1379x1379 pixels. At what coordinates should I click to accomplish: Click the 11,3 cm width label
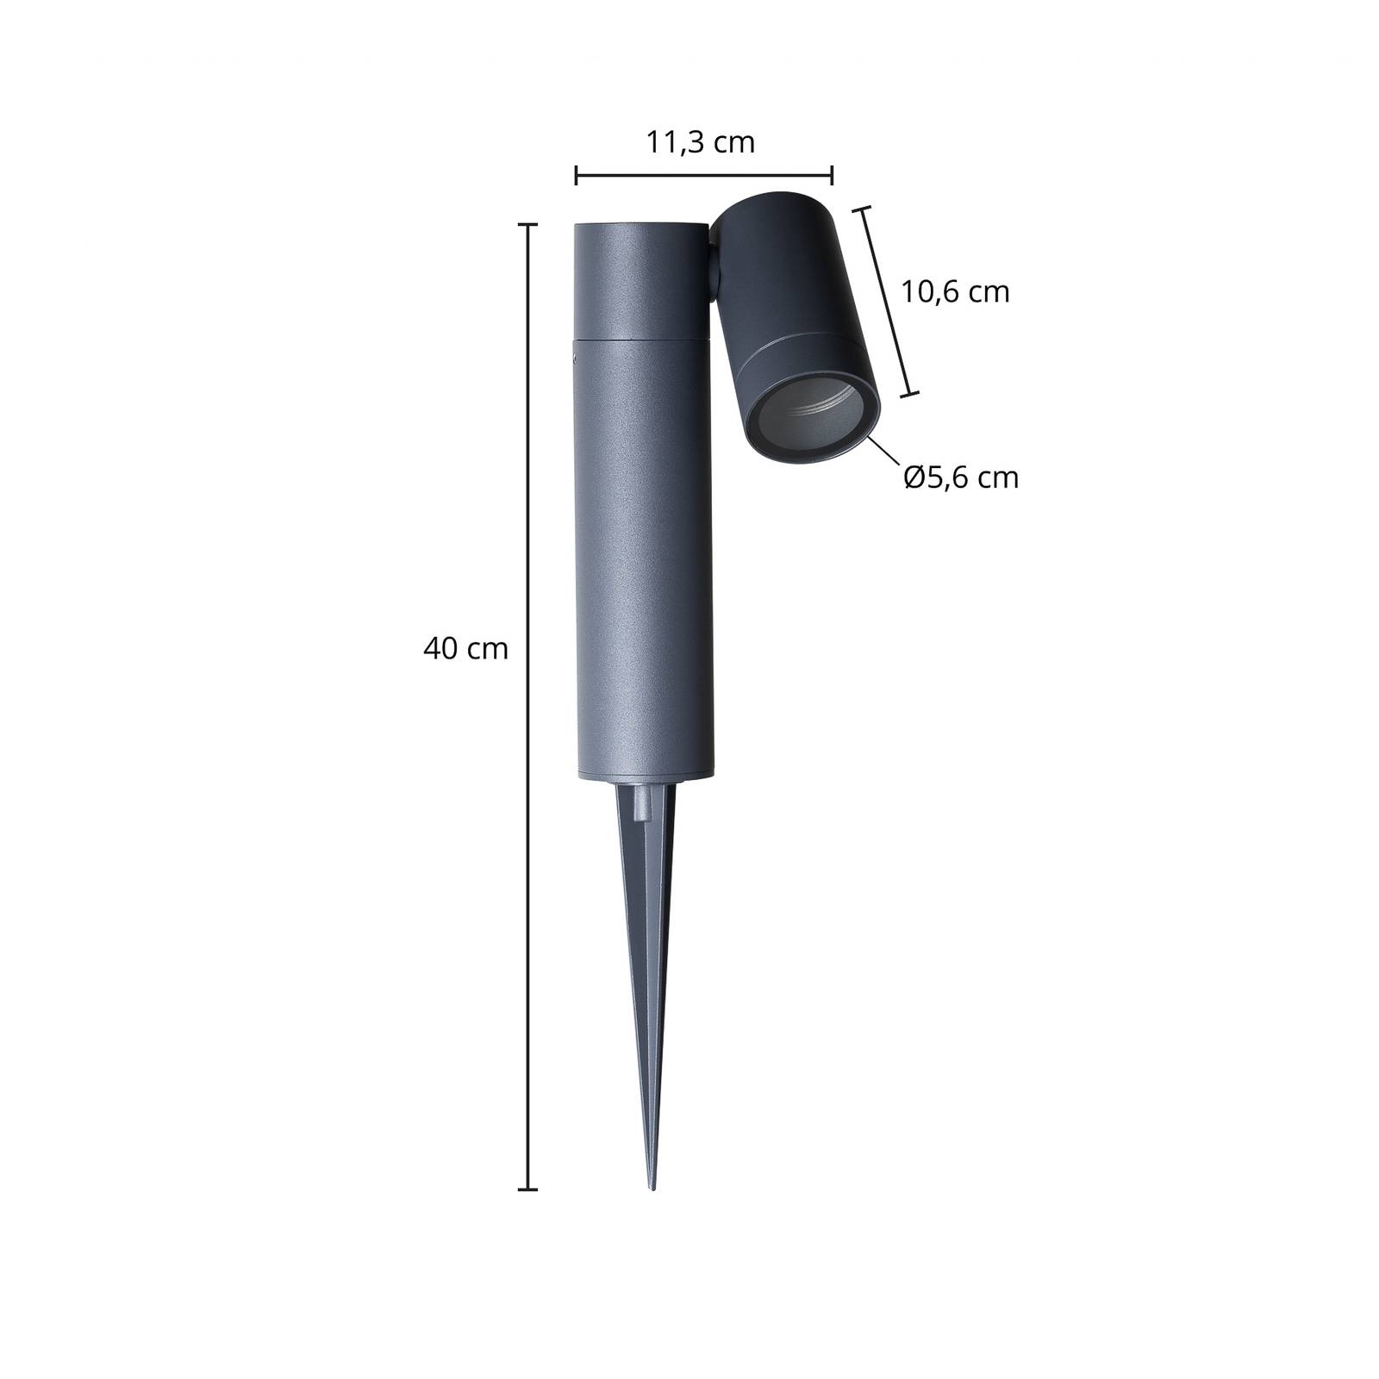[701, 142]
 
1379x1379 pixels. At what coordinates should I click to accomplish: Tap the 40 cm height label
[465, 648]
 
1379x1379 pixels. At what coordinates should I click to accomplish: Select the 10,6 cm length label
[955, 292]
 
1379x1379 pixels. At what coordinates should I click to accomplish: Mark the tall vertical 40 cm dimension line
[527, 707]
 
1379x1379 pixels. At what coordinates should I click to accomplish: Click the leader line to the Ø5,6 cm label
[885, 452]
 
